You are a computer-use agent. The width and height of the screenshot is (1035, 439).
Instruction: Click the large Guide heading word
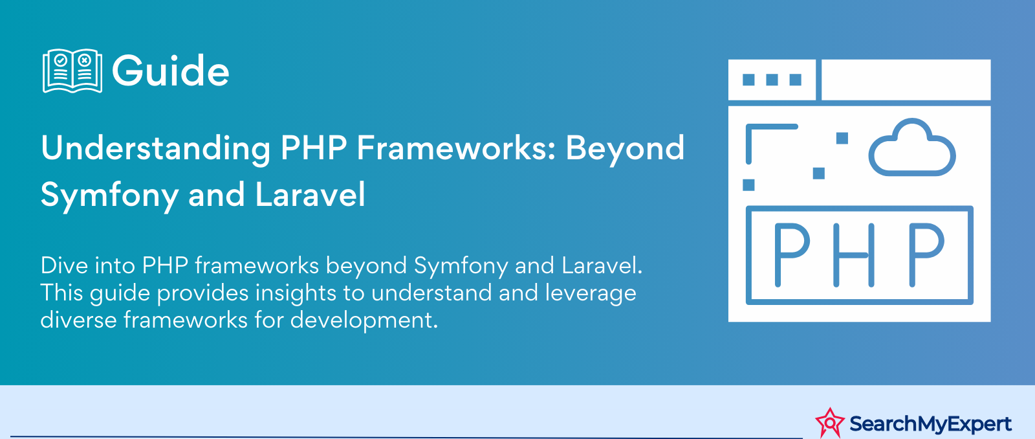pyautogui.click(x=171, y=71)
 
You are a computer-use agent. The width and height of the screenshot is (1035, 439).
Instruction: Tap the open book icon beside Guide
pyautogui.click(x=72, y=71)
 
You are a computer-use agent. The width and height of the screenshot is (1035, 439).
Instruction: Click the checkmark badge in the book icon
pyautogui.click(x=61, y=60)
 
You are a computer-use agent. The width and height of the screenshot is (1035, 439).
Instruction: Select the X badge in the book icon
pyautogui.click(x=85, y=60)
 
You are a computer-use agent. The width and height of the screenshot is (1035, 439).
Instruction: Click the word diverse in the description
pyautogui.click(x=78, y=320)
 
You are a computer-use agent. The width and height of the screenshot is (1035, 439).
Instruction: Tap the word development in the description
pyautogui.click(x=364, y=321)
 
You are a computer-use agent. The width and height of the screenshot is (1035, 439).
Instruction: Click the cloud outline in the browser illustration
pyautogui.click(x=912, y=148)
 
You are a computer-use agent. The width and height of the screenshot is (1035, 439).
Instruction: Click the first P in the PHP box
pyautogui.click(x=792, y=255)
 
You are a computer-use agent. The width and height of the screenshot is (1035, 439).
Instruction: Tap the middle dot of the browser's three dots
pyautogui.click(x=772, y=80)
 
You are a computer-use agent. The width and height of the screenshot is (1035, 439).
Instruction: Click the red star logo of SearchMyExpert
pyautogui.click(x=830, y=422)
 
